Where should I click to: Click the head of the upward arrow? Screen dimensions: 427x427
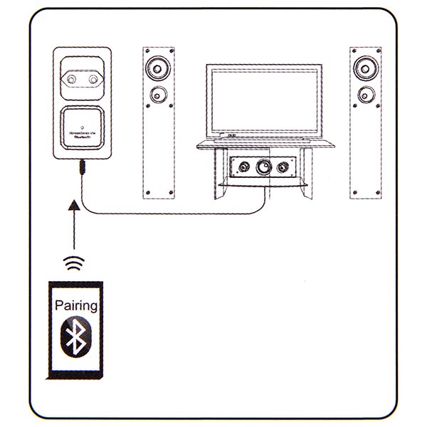(x=74, y=207)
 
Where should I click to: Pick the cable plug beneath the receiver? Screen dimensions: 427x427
(x=84, y=169)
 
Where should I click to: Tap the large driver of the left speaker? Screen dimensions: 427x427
(x=159, y=69)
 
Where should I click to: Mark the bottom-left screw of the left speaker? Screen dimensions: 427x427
(x=147, y=191)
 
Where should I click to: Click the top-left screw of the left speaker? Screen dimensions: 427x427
(x=147, y=52)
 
